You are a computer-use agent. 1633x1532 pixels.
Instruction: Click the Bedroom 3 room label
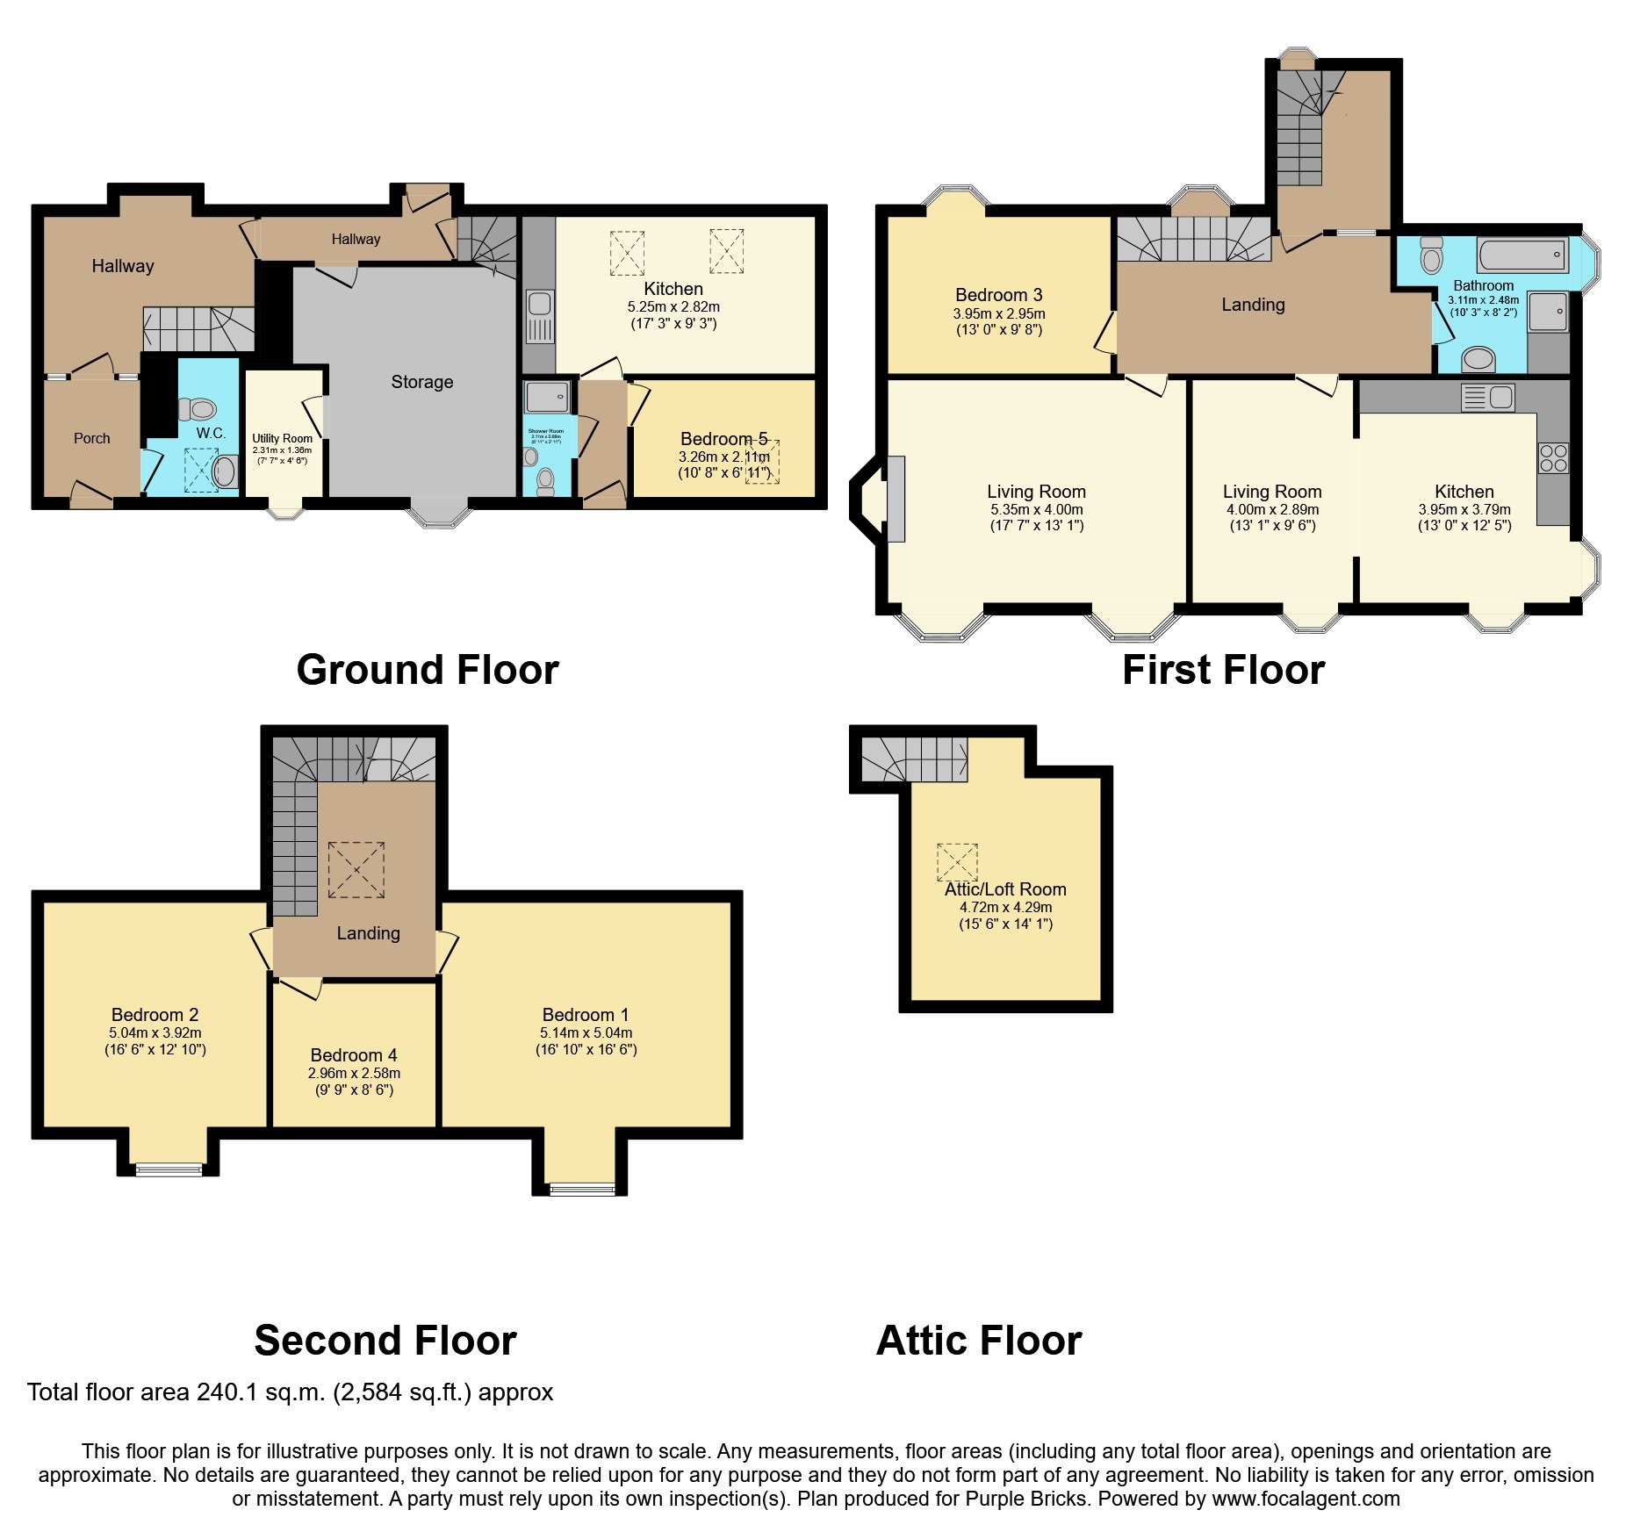click(x=998, y=295)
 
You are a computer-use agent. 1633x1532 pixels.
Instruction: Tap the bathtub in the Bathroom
click(x=1522, y=255)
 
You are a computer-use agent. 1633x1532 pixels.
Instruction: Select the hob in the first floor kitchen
click(x=1553, y=458)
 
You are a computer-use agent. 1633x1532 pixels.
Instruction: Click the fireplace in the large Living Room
click(x=896, y=499)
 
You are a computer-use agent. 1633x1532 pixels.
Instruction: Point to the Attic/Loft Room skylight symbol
click(x=957, y=862)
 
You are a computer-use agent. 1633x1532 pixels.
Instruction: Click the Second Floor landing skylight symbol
click(x=356, y=869)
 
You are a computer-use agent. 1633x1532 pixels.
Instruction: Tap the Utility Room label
click(x=282, y=438)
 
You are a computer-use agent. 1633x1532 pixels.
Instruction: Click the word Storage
click(x=422, y=382)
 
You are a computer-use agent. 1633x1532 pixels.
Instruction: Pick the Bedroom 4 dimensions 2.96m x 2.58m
click(x=354, y=1073)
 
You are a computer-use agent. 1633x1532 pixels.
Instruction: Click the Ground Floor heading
click(x=427, y=670)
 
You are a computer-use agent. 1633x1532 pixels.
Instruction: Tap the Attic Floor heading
click(x=978, y=1341)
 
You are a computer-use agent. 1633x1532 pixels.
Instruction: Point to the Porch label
click(x=92, y=438)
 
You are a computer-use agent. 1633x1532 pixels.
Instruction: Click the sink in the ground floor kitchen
click(x=539, y=304)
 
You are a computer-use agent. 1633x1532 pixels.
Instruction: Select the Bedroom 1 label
click(x=585, y=1015)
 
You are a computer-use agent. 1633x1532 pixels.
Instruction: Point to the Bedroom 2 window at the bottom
click(x=168, y=1169)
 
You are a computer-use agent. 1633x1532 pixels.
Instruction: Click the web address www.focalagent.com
click(x=1306, y=1499)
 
